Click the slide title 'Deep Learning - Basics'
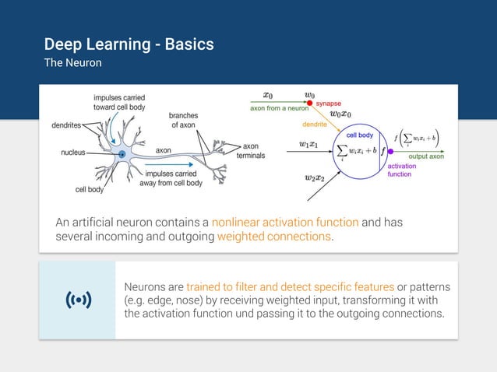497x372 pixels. [129, 44]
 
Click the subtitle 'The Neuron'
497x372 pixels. [72, 62]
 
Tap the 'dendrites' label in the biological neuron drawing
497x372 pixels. [68, 125]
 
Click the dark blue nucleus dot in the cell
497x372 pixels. [122, 154]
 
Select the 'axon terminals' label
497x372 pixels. [250, 150]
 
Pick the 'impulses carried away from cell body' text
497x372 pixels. [171, 179]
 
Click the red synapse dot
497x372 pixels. [309, 103]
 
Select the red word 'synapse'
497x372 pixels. [328, 103]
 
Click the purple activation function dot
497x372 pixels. [390, 151]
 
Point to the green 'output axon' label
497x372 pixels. [425, 156]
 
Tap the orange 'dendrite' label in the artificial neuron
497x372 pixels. [315, 124]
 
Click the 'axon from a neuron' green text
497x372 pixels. [278, 108]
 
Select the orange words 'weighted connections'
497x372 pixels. [273, 237]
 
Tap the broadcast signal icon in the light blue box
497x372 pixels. [77, 300]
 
